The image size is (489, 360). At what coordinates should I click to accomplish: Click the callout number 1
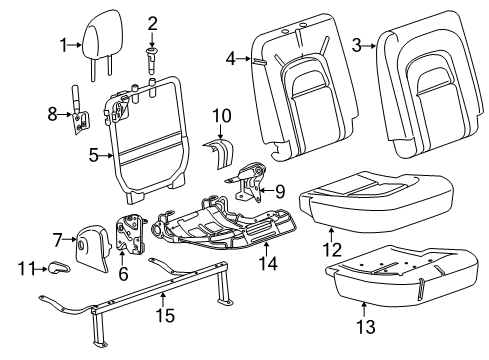click(x=62, y=44)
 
